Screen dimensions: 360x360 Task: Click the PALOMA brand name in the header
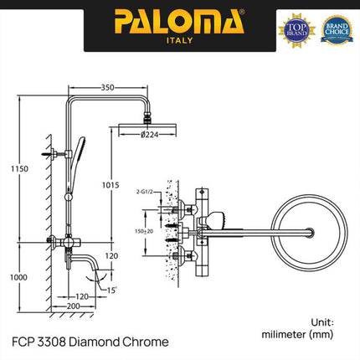[x=179, y=18]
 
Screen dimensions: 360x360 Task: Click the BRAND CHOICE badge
[x=337, y=27]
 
